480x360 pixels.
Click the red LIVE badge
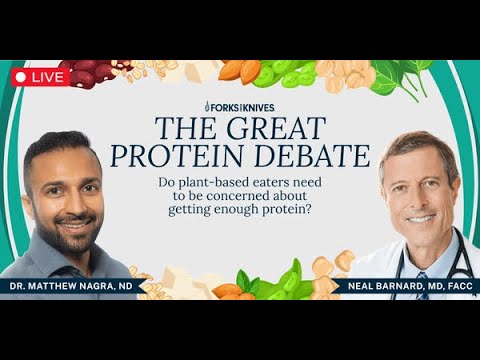(40, 76)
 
